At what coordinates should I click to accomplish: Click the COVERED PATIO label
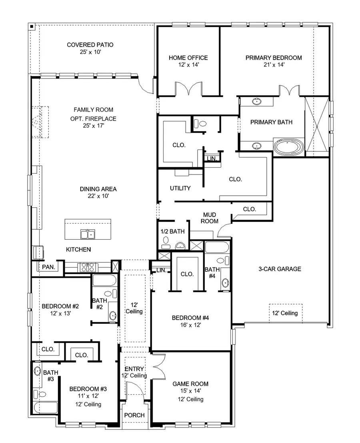tap(90, 45)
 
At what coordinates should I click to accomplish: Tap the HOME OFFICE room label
tap(188, 58)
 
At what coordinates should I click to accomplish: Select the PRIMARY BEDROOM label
tap(274, 58)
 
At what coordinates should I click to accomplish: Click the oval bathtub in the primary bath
tap(288, 147)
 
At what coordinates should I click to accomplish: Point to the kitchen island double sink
tap(87, 234)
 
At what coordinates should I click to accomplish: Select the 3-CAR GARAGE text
tap(280, 269)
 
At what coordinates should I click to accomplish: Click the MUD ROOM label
tap(209, 218)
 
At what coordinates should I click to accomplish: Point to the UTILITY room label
tap(180, 188)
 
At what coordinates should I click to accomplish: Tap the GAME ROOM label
tap(190, 384)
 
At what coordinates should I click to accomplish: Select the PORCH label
tap(134, 415)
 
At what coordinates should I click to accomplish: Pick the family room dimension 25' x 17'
tap(93, 126)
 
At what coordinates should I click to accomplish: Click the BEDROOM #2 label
tap(60, 307)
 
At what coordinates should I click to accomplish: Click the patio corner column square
tap(32, 27)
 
